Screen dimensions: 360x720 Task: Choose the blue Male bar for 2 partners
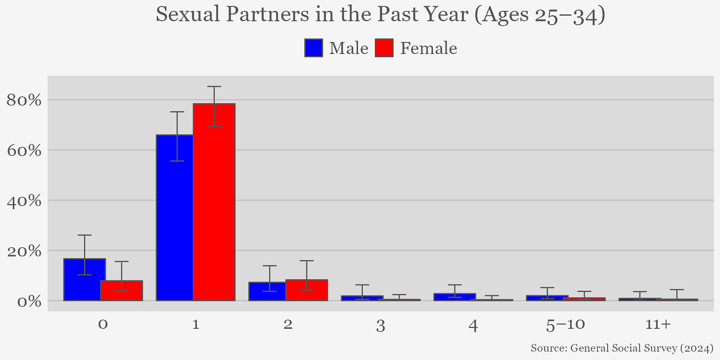click(x=267, y=291)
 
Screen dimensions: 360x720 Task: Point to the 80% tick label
click(x=24, y=100)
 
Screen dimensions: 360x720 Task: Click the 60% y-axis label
click(x=24, y=150)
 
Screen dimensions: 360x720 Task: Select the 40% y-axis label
click(x=24, y=201)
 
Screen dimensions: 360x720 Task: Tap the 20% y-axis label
click(x=24, y=251)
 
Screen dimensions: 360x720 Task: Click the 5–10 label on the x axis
click(x=566, y=325)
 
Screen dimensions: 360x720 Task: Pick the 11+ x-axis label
click(x=658, y=325)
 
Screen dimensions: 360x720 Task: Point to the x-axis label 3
click(x=381, y=325)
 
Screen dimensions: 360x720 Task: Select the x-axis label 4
click(x=473, y=325)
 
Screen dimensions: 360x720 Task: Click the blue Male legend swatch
click(x=314, y=48)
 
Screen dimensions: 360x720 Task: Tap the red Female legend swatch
click(x=384, y=48)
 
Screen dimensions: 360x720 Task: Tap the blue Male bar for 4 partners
click(x=455, y=297)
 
